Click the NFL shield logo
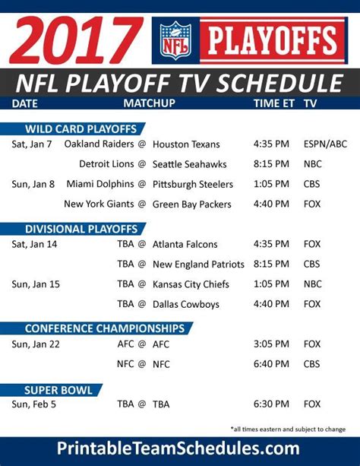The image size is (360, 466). tap(175, 40)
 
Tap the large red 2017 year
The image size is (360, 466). tap(76, 40)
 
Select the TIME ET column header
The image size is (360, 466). tap(274, 103)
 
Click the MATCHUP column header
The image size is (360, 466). tap(149, 103)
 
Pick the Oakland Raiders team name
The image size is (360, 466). tap(99, 144)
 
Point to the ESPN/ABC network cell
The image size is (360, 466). tap(325, 144)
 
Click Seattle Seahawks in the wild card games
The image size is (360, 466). tap(190, 164)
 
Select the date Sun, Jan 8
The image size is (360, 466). tap(33, 184)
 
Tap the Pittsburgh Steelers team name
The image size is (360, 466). tap(193, 184)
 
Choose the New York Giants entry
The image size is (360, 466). tap(99, 204)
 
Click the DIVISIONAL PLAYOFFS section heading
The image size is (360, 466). tap(81, 229)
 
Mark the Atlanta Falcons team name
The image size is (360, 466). tap(185, 244)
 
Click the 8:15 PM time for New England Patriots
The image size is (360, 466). tap(271, 264)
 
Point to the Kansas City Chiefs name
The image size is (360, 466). tap(191, 284)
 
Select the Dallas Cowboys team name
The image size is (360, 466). tap(186, 304)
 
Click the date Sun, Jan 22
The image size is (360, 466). tap(36, 344)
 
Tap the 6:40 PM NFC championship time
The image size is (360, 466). tap(271, 364)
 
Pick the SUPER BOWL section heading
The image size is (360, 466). tap(58, 390)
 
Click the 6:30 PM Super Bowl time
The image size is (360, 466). tap(271, 404)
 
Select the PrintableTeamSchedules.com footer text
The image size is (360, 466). tap(178, 449)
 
